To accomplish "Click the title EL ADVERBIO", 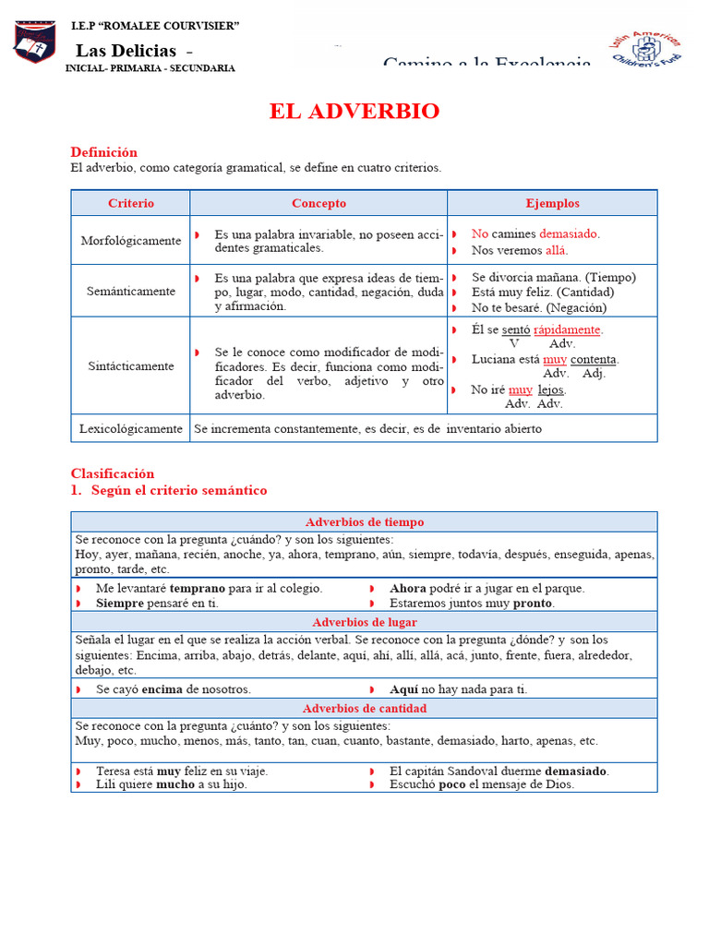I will click(354, 112).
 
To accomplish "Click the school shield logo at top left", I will click(34, 42).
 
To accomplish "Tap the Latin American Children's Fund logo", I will click(646, 46).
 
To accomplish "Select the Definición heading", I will click(103, 151).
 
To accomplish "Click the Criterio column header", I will click(131, 203).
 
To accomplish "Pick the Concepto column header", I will click(318, 203).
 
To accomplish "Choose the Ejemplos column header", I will click(552, 203).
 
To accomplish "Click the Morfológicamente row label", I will click(131, 241).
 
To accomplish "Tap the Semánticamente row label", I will click(131, 292).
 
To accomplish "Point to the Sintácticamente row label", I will click(131, 366).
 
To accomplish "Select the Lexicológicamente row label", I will click(131, 429).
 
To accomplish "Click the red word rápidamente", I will click(568, 329).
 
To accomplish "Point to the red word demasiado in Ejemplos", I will click(569, 234).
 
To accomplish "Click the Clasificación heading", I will click(113, 473).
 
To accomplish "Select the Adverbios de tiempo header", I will click(364, 522).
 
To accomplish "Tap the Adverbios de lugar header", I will click(364, 623).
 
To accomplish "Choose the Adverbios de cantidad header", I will click(364, 709).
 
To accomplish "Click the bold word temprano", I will click(198, 588).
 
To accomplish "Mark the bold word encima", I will click(162, 689).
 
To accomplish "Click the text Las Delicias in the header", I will click(126, 50).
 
